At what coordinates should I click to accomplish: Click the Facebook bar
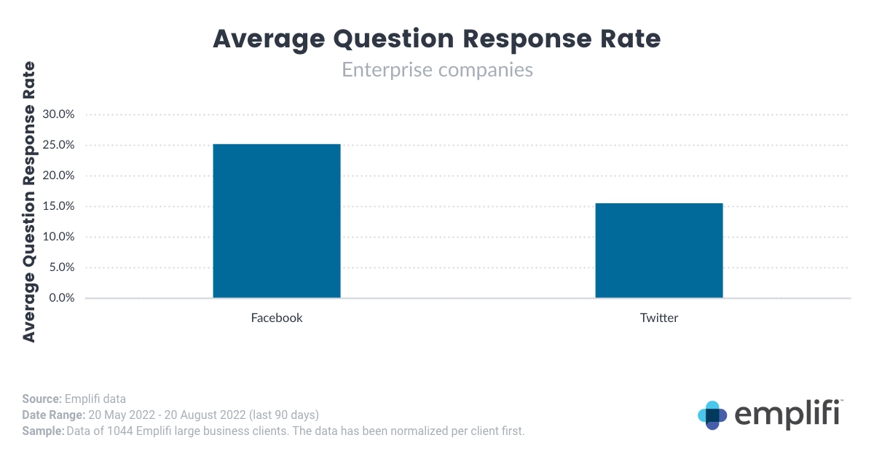point(276,221)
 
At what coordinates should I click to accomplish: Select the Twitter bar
point(658,251)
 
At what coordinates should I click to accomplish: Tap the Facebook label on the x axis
point(277,318)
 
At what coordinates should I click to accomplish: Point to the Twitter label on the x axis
point(659,318)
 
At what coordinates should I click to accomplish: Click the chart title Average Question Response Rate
point(436,39)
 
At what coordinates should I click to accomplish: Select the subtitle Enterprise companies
point(437,70)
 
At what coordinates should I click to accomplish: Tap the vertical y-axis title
point(29,202)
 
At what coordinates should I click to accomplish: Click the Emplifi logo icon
point(712,415)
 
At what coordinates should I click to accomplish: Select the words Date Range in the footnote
point(53,415)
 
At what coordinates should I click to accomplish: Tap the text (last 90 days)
point(284,415)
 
